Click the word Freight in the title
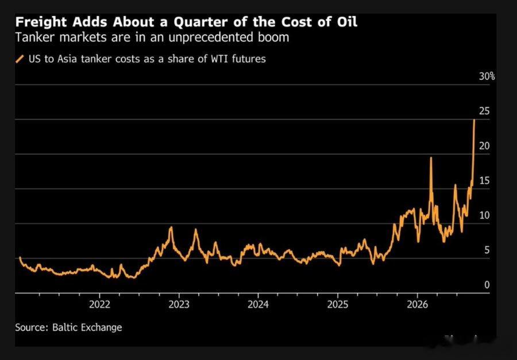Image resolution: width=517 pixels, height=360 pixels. (x=40, y=22)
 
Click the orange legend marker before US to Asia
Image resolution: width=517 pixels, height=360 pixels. (x=20, y=59)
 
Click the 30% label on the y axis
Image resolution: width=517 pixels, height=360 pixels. (x=487, y=76)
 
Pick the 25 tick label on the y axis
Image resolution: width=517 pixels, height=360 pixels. (x=484, y=111)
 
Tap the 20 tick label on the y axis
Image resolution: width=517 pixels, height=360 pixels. (x=484, y=146)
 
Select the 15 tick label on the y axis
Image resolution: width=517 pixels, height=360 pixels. (x=484, y=181)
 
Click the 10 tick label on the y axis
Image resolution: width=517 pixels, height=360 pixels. (x=484, y=216)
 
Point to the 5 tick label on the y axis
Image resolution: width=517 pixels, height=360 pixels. (x=487, y=250)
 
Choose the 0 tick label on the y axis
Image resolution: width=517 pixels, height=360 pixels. (x=487, y=285)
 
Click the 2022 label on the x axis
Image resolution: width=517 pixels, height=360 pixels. (x=99, y=304)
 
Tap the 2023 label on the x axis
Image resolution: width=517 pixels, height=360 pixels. (x=179, y=304)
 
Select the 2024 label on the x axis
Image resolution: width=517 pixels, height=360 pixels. (x=258, y=304)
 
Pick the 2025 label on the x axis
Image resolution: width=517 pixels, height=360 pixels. (x=338, y=304)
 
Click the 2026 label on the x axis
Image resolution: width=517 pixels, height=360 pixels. (x=417, y=304)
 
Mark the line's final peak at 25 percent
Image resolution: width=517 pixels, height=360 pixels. (x=474, y=120)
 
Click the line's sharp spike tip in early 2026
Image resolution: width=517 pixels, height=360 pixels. (x=431, y=158)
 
